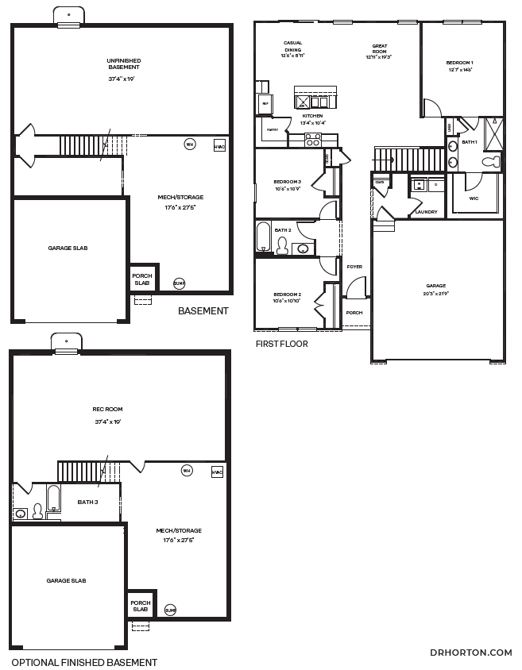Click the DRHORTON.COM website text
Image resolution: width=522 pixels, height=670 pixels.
[470, 653]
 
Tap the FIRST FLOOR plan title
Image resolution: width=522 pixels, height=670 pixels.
[281, 344]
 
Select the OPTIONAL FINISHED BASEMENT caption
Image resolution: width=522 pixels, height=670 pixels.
[83, 662]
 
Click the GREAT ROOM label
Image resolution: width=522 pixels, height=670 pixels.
[379, 52]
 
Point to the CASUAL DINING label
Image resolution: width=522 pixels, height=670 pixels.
[292, 49]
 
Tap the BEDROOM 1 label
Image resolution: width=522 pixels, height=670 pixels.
[459, 66]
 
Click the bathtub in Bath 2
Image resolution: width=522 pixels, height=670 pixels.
[264, 236]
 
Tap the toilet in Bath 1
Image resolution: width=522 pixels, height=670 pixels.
[493, 162]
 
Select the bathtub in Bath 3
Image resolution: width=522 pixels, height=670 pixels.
[53, 499]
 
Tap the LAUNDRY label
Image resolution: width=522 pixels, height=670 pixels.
[427, 212]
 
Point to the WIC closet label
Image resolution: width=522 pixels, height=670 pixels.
[474, 198]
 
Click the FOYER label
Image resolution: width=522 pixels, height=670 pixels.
[354, 267]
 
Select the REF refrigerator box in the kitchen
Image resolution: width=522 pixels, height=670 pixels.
[265, 103]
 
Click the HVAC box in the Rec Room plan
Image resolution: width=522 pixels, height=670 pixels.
[217, 472]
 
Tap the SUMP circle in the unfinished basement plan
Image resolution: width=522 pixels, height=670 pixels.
[179, 282]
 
